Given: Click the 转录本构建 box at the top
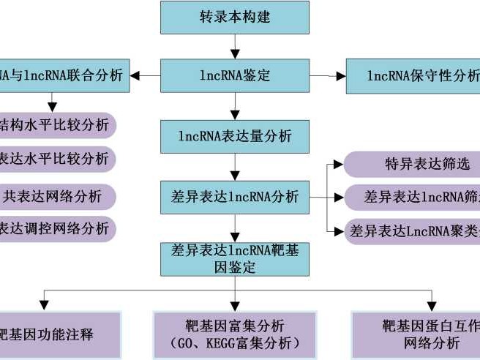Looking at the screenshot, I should click(234, 17).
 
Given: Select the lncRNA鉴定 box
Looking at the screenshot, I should click(234, 75).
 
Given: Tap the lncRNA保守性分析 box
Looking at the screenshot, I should click(413, 75).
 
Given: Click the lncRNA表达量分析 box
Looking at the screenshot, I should click(234, 135).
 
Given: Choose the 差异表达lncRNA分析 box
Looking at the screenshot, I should click(234, 196).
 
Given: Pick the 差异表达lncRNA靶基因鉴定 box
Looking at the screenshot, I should click(234, 259).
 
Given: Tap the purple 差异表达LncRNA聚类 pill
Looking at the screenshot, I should click(413, 231).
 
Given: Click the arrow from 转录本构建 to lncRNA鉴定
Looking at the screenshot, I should click(234, 47).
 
